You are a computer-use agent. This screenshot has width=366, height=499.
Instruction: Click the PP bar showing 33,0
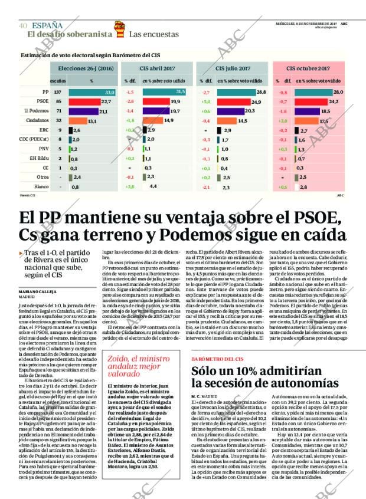click(x=92, y=93)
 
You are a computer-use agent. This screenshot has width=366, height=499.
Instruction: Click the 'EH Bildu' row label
click(x=40, y=158)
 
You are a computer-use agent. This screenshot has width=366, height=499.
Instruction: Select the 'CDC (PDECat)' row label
click(x=35, y=139)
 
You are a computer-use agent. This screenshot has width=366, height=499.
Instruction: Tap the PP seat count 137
click(x=58, y=93)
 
